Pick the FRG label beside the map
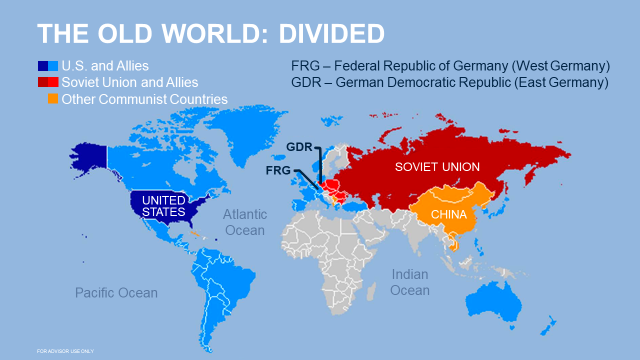pos(280,170)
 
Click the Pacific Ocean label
pos(116,292)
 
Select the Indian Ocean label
pos(409,282)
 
